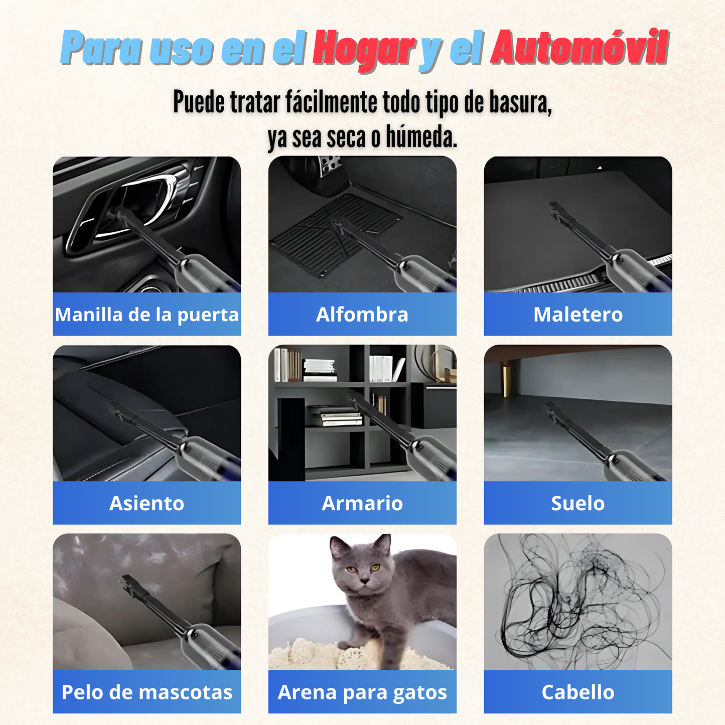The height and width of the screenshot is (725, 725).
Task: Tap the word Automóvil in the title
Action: tap(579, 47)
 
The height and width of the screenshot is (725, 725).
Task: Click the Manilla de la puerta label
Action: tap(147, 315)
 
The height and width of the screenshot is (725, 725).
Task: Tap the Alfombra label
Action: tap(362, 314)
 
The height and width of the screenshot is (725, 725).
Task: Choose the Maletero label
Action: tap(578, 314)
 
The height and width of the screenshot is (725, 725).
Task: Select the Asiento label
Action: tap(147, 503)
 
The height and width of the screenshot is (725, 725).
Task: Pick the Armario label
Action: tap(362, 503)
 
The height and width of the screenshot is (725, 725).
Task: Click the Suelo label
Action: tap(578, 503)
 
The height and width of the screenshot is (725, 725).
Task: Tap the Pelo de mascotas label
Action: tap(147, 692)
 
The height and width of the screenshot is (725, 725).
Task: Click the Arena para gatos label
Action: tap(362, 693)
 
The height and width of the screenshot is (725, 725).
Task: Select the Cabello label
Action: tap(578, 692)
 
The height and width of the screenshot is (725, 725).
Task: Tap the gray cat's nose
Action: tap(364, 582)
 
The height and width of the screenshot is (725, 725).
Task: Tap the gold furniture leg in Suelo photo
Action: tap(507, 379)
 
